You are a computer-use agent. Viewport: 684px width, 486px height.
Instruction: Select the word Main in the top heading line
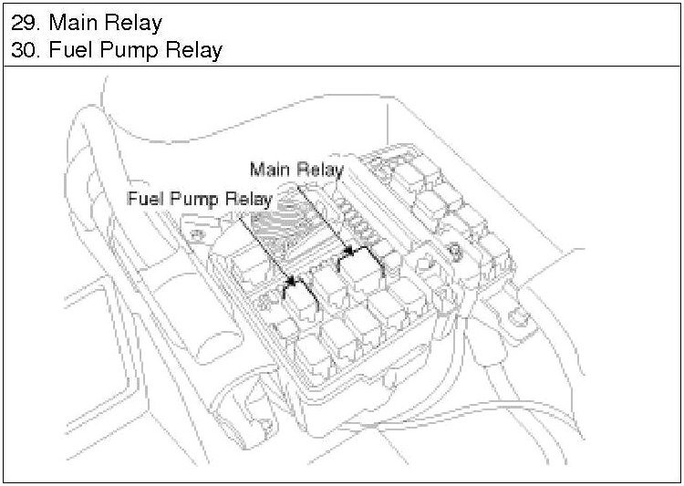coord(71,22)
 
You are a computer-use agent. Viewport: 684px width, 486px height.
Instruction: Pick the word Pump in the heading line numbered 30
coord(122,50)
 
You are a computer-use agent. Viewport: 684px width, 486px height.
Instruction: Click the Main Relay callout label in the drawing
coord(296,170)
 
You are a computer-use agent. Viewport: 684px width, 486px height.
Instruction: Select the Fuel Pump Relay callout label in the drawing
coord(201,198)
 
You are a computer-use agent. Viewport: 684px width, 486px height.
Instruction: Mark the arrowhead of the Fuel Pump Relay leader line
coord(292,283)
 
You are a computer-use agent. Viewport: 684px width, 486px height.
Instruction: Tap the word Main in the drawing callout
coord(270,170)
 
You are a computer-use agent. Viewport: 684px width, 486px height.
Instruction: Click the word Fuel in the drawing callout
coord(147,198)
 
